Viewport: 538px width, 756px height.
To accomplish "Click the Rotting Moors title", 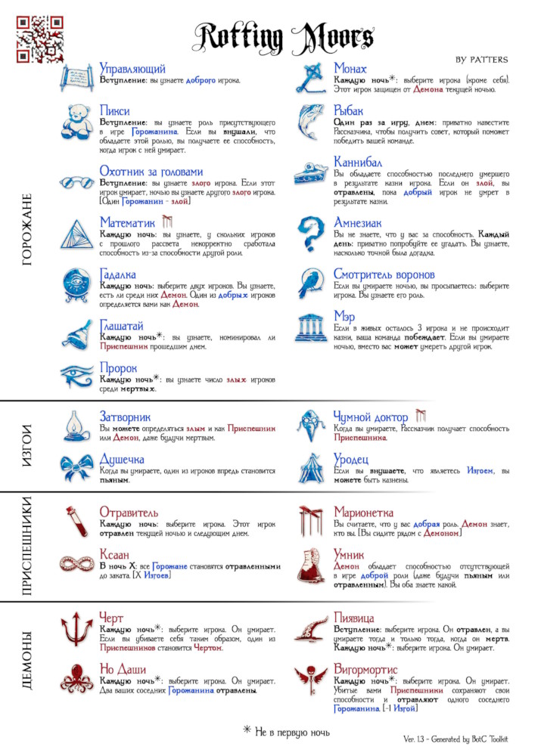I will point(285,36).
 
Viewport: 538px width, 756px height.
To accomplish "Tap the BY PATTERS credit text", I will point(481,59).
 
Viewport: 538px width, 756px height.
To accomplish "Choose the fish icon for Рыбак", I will point(311,123).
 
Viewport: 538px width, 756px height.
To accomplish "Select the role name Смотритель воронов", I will point(384,274).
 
